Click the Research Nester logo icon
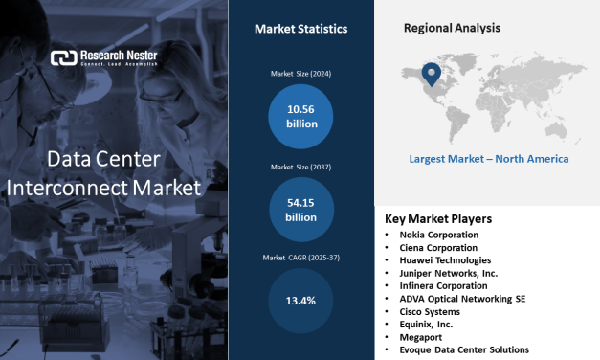(62, 57)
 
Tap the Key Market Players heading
(438, 218)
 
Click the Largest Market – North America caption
(488, 159)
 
